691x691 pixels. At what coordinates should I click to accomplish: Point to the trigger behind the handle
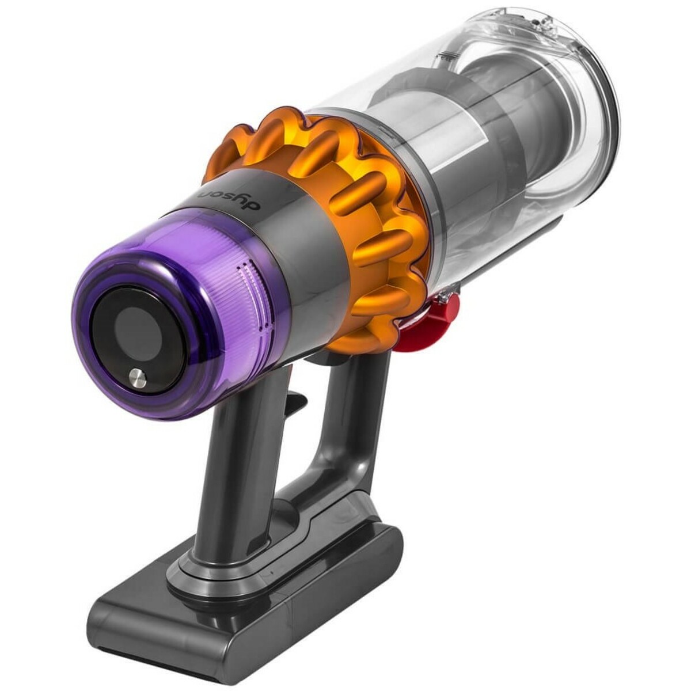click(x=294, y=403)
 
